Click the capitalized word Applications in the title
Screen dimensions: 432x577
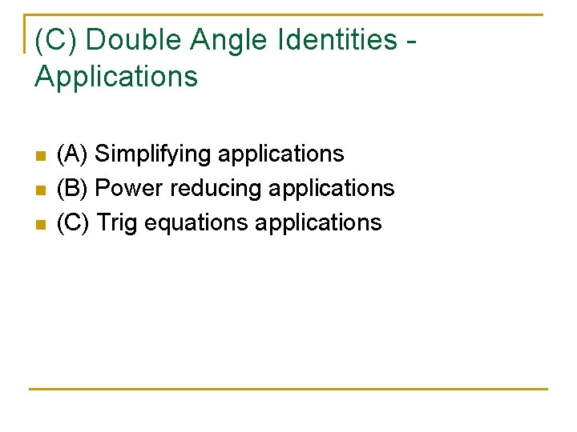(x=116, y=77)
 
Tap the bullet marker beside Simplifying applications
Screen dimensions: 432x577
(x=41, y=154)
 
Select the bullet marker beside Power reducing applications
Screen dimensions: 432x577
(x=41, y=190)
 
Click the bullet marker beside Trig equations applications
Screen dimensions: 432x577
(x=41, y=224)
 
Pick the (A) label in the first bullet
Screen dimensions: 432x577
(x=73, y=154)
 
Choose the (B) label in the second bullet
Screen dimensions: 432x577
(x=73, y=188)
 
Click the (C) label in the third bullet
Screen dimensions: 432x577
(x=74, y=222)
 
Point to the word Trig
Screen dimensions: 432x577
(x=117, y=222)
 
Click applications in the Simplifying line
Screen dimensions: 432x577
(x=280, y=154)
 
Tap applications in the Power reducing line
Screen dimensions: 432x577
(x=332, y=189)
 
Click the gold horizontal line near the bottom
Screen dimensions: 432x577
(x=288, y=390)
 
